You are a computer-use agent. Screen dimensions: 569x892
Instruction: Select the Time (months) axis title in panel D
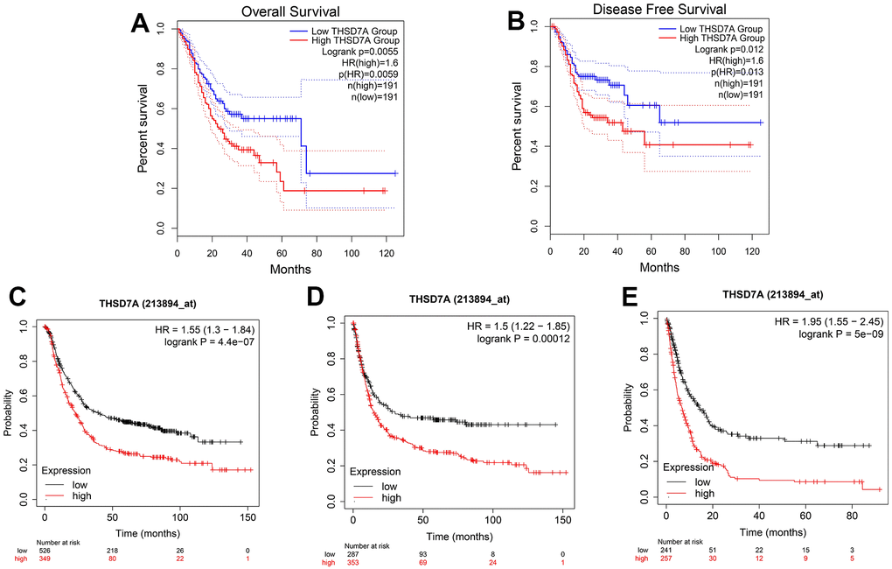click(459, 533)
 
